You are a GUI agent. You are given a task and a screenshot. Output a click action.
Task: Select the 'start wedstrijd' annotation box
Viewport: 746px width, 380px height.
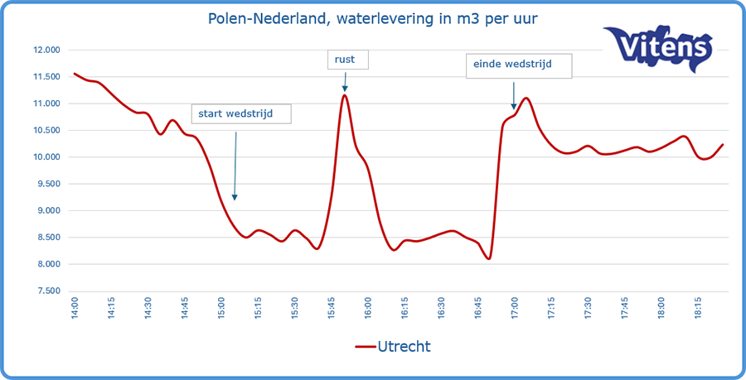[x=241, y=113]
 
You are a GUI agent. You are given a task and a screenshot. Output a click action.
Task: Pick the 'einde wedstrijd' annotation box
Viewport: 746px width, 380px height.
[x=519, y=65]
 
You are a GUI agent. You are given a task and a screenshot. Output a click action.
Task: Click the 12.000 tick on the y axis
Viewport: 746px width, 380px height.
[x=47, y=50]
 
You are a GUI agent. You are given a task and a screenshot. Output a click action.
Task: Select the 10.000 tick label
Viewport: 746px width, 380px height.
[x=47, y=157]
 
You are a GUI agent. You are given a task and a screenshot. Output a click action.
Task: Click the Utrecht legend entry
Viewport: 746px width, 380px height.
[x=393, y=346]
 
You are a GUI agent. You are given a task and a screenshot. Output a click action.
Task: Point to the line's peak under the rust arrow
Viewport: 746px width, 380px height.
[x=344, y=95]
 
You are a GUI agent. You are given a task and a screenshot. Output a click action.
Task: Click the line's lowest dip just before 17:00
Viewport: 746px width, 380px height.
[x=489, y=258]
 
